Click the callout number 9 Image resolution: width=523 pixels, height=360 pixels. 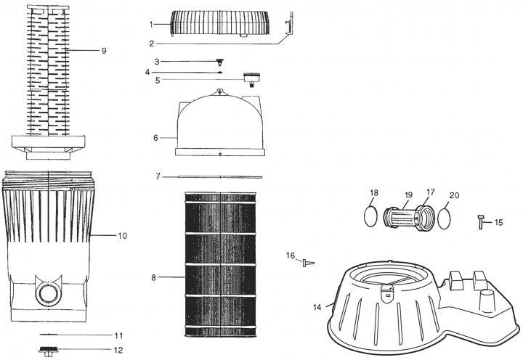click(x=104, y=51)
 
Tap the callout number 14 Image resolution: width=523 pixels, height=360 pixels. click(x=317, y=307)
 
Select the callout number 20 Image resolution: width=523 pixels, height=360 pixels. click(x=454, y=195)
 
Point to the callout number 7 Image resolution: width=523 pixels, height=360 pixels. click(x=158, y=176)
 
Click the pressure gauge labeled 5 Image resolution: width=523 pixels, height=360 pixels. click(x=249, y=79)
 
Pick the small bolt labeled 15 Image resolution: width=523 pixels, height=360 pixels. click(x=481, y=222)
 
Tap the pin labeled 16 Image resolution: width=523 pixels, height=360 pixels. click(x=308, y=263)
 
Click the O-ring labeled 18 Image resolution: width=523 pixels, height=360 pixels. click(x=370, y=216)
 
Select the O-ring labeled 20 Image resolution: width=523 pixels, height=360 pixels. click(x=444, y=218)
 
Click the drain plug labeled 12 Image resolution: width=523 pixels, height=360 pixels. click(x=49, y=351)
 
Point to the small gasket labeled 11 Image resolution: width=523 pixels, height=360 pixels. click(x=49, y=335)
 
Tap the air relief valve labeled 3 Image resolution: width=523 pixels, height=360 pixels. click(x=219, y=62)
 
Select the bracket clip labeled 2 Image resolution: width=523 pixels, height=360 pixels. click(x=289, y=24)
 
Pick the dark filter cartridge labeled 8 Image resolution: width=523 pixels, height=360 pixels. click(x=221, y=264)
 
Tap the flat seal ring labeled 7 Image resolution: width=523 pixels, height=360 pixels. click(x=220, y=176)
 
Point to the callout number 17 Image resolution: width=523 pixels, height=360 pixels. click(x=431, y=192)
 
